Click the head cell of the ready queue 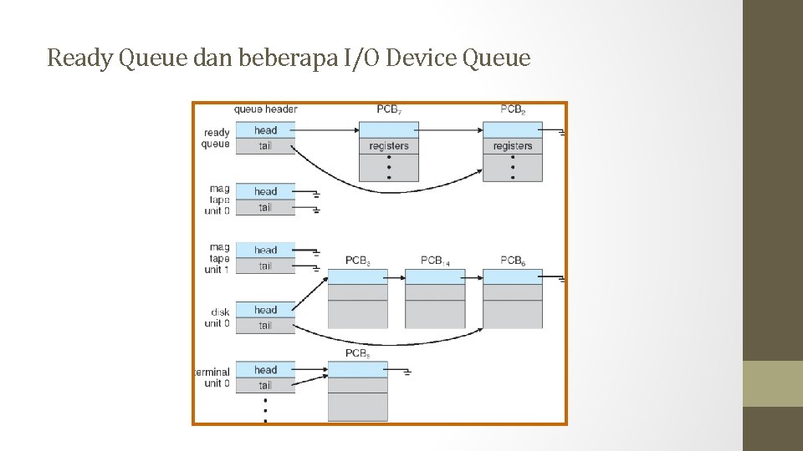[x=265, y=130]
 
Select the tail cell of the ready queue [x=265, y=146]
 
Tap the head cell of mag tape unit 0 [x=265, y=191]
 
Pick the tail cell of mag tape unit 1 [x=265, y=266]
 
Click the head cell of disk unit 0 [x=265, y=310]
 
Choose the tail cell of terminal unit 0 [x=265, y=385]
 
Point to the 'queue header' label [x=265, y=109]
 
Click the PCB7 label [x=388, y=109]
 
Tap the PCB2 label [x=513, y=109]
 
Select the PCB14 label [x=435, y=261]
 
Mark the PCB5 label [x=357, y=353]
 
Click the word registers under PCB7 [x=389, y=146]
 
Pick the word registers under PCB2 [x=513, y=146]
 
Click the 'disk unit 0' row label [x=217, y=318]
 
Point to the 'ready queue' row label [x=216, y=138]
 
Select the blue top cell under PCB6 [x=513, y=277]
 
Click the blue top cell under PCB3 [x=357, y=277]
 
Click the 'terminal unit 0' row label [x=212, y=378]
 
